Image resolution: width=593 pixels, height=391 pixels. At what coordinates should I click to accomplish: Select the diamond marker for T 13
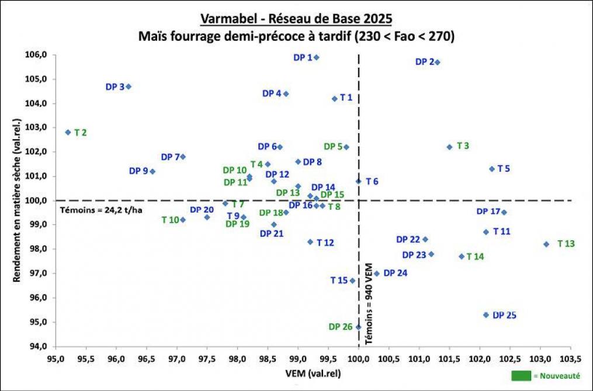[546, 244]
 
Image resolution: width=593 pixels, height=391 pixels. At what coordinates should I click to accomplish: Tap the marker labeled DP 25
[486, 315]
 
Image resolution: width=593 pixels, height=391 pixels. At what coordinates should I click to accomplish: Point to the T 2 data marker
[68, 132]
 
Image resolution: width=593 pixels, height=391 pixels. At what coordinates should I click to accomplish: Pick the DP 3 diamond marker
[129, 86]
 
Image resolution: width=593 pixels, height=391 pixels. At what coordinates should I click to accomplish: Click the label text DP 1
[303, 57]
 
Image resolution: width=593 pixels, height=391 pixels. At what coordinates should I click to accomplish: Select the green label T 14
[476, 257]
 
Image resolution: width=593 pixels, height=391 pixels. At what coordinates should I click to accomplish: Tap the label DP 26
[340, 327]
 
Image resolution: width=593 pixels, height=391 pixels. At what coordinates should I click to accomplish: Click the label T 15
[339, 281]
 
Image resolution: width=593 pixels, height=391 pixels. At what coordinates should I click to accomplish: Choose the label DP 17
[488, 212]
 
